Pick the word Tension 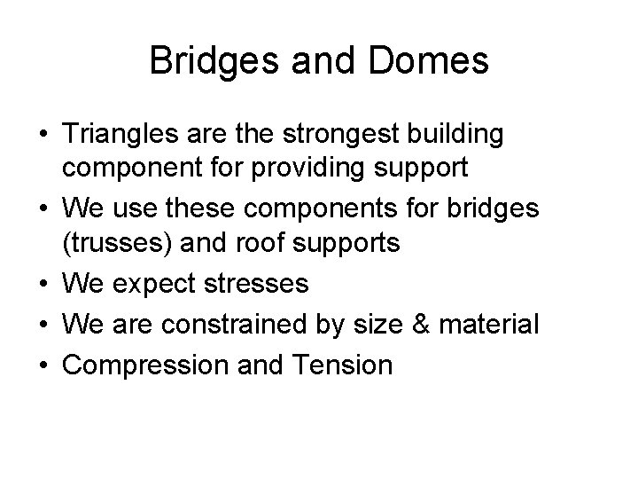(x=346, y=364)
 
